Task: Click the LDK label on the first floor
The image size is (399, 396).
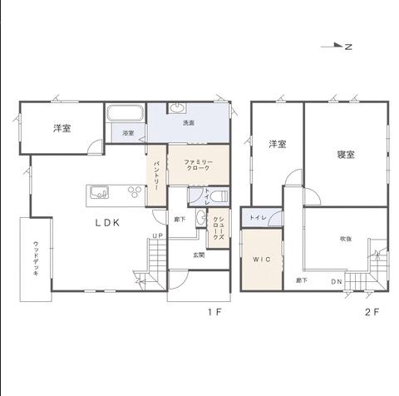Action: tap(107, 223)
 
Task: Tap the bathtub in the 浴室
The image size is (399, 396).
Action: tap(126, 113)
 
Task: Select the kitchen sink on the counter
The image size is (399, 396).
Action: tap(99, 192)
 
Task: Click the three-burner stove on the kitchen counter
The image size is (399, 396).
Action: tap(135, 192)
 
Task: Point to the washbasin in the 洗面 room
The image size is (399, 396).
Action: tap(176, 108)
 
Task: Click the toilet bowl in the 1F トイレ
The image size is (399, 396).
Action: tap(219, 197)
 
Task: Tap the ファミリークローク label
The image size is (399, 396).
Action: tap(199, 165)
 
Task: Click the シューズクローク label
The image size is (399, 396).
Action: tap(219, 227)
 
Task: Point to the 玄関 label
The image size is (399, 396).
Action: tap(199, 255)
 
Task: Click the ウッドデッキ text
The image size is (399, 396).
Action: tap(36, 259)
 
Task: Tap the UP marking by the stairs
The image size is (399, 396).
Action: tap(158, 235)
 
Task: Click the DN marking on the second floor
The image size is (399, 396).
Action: tap(337, 282)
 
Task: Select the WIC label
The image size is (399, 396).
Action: tap(262, 260)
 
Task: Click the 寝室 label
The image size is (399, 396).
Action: tap(346, 154)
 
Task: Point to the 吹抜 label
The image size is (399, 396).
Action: tap(346, 239)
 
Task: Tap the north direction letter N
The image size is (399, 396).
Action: tap(348, 47)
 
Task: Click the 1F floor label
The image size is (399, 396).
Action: tap(214, 312)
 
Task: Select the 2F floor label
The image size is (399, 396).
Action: tap(372, 312)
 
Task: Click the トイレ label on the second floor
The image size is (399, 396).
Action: tap(258, 218)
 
